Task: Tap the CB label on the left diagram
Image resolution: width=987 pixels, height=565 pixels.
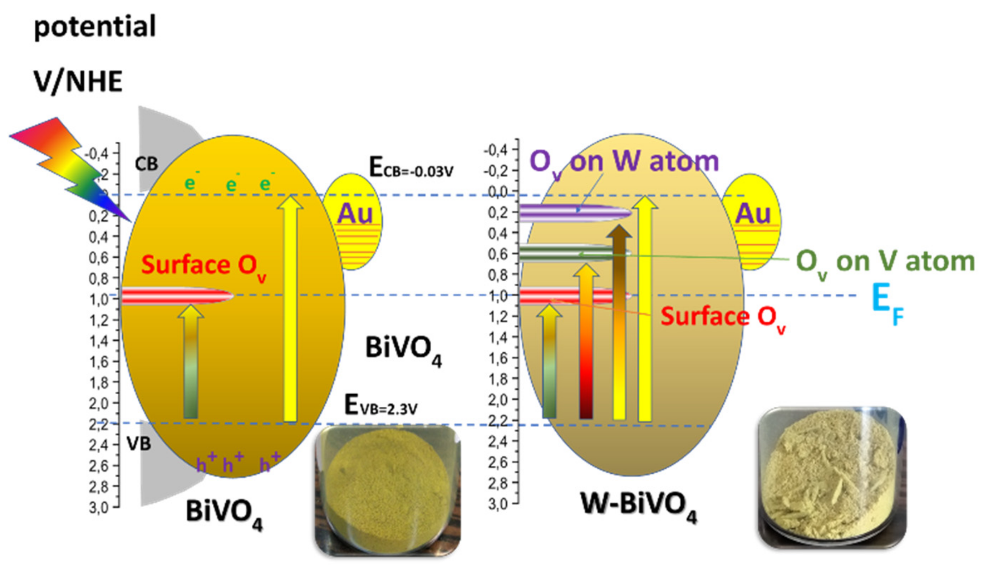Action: tap(146, 165)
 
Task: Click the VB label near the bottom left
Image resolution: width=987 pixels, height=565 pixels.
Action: tap(139, 443)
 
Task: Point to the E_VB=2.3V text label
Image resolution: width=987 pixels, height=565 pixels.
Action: tap(381, 406)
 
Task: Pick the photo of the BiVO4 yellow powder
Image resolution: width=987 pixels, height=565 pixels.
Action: tap(387, 491)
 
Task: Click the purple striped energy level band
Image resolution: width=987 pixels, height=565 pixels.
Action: tap(574, 213)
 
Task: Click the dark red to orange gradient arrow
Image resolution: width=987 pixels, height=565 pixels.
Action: tap(586, 341)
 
